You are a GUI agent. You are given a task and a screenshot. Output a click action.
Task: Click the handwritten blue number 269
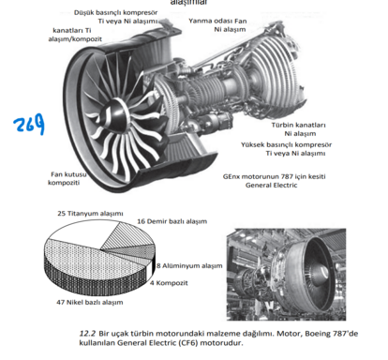[29, 124]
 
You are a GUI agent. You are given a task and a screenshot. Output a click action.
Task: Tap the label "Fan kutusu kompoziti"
[67, 178]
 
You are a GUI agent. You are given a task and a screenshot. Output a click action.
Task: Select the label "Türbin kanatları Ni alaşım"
[298, 129]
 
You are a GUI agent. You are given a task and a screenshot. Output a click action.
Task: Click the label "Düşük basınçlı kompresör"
[115, 13]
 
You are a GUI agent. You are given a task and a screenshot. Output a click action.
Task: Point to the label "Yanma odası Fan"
[217, 21]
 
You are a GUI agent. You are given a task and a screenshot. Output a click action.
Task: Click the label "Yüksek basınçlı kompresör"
[286, 144]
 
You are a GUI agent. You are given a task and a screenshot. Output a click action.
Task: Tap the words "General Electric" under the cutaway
[271, 185]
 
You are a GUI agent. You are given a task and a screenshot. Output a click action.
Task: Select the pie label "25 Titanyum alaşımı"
[90, 214]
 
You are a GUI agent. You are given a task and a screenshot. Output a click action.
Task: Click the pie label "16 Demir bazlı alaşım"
[172, 221]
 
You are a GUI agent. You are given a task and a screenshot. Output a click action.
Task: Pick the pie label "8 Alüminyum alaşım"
[189, 266]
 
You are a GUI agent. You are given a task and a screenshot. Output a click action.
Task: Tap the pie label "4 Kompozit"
[169, 283]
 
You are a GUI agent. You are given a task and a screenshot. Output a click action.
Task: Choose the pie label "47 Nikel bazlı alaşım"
[90, 303]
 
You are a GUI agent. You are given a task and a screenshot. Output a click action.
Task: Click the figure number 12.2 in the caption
[87, 334]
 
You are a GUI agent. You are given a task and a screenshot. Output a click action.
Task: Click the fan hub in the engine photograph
[322, 271]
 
